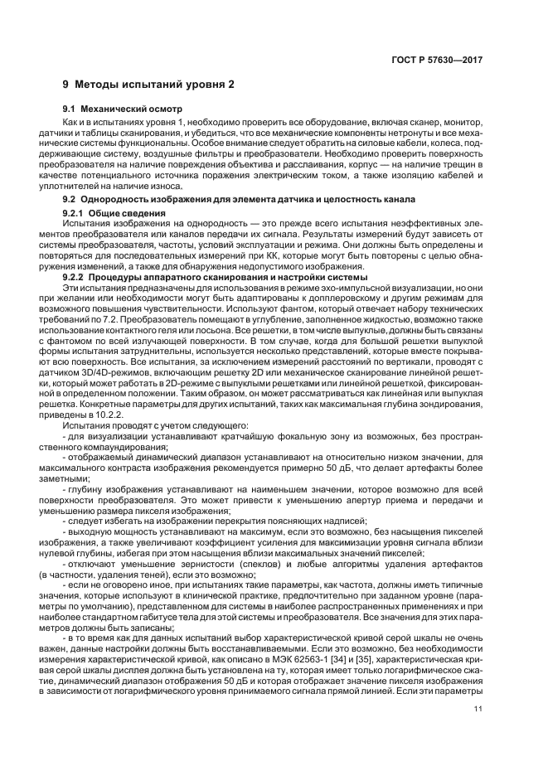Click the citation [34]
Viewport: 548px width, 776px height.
[338, 658]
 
